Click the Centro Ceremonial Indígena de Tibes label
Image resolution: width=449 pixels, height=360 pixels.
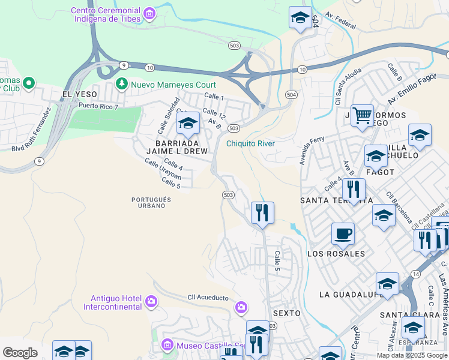(105, 14)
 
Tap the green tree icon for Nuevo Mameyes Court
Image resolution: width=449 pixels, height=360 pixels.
(122, 83)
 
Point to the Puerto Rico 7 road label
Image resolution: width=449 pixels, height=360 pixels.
(99, 106)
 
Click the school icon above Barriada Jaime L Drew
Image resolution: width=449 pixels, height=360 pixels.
(188, 124)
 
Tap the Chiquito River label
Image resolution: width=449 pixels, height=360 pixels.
(250, 143)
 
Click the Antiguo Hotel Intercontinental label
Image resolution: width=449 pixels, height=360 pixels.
(116, 302)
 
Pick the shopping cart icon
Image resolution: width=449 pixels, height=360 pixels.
(362, 115)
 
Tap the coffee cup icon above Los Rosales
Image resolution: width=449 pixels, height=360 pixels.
(343, 233)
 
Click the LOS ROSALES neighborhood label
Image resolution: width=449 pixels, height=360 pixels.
(336, 254)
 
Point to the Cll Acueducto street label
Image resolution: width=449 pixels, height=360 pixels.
(208, 298)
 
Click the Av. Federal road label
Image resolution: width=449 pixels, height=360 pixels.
(340, 22)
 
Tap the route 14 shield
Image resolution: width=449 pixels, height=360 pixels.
(415, 274)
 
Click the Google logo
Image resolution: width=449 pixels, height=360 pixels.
(20, 352)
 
